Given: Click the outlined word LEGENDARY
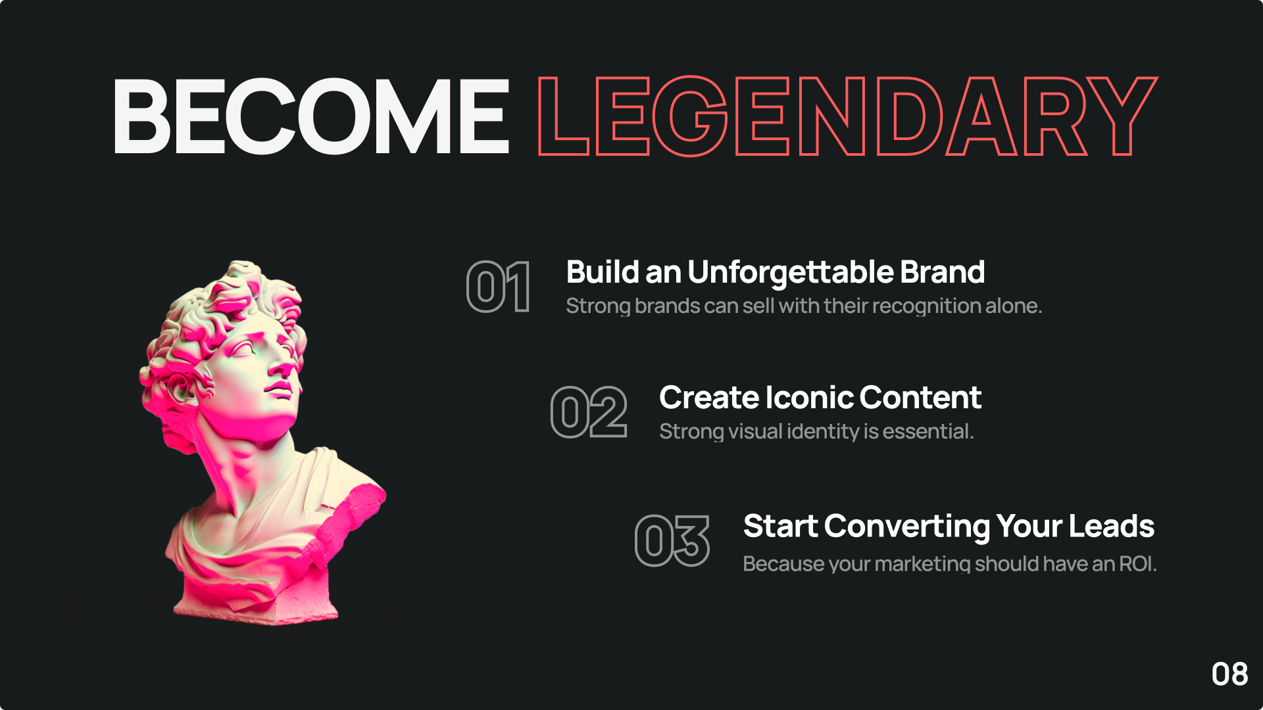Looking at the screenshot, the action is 847,116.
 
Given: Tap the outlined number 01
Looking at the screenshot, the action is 499,287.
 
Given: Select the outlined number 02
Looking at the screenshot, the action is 589,412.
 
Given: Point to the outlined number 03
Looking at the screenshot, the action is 672,540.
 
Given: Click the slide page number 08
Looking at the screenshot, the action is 1229,674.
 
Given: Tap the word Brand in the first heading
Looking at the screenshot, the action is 942,272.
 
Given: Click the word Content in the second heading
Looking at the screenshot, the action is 920,398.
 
